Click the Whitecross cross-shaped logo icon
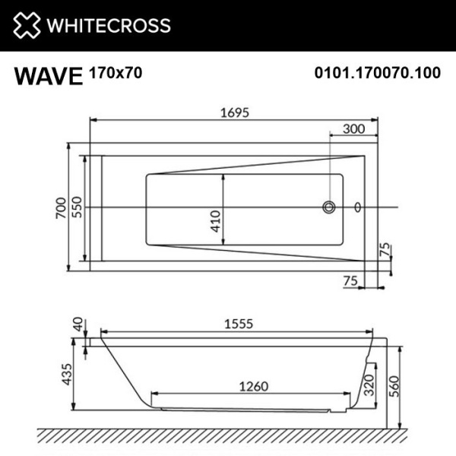click(x=26, y=25)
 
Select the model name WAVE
click(x=48, y=75)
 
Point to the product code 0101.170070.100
click(x=378, y=74)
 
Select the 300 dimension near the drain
click(x=354, y=129)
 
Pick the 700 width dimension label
click(x=60, y=207)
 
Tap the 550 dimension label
click(x=77, y=207)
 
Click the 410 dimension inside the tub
click(x=215, y=220)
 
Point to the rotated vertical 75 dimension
click(x=385, y=250)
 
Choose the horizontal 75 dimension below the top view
click(x=350, y=280)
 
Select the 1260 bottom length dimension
click(x=253, y=386)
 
